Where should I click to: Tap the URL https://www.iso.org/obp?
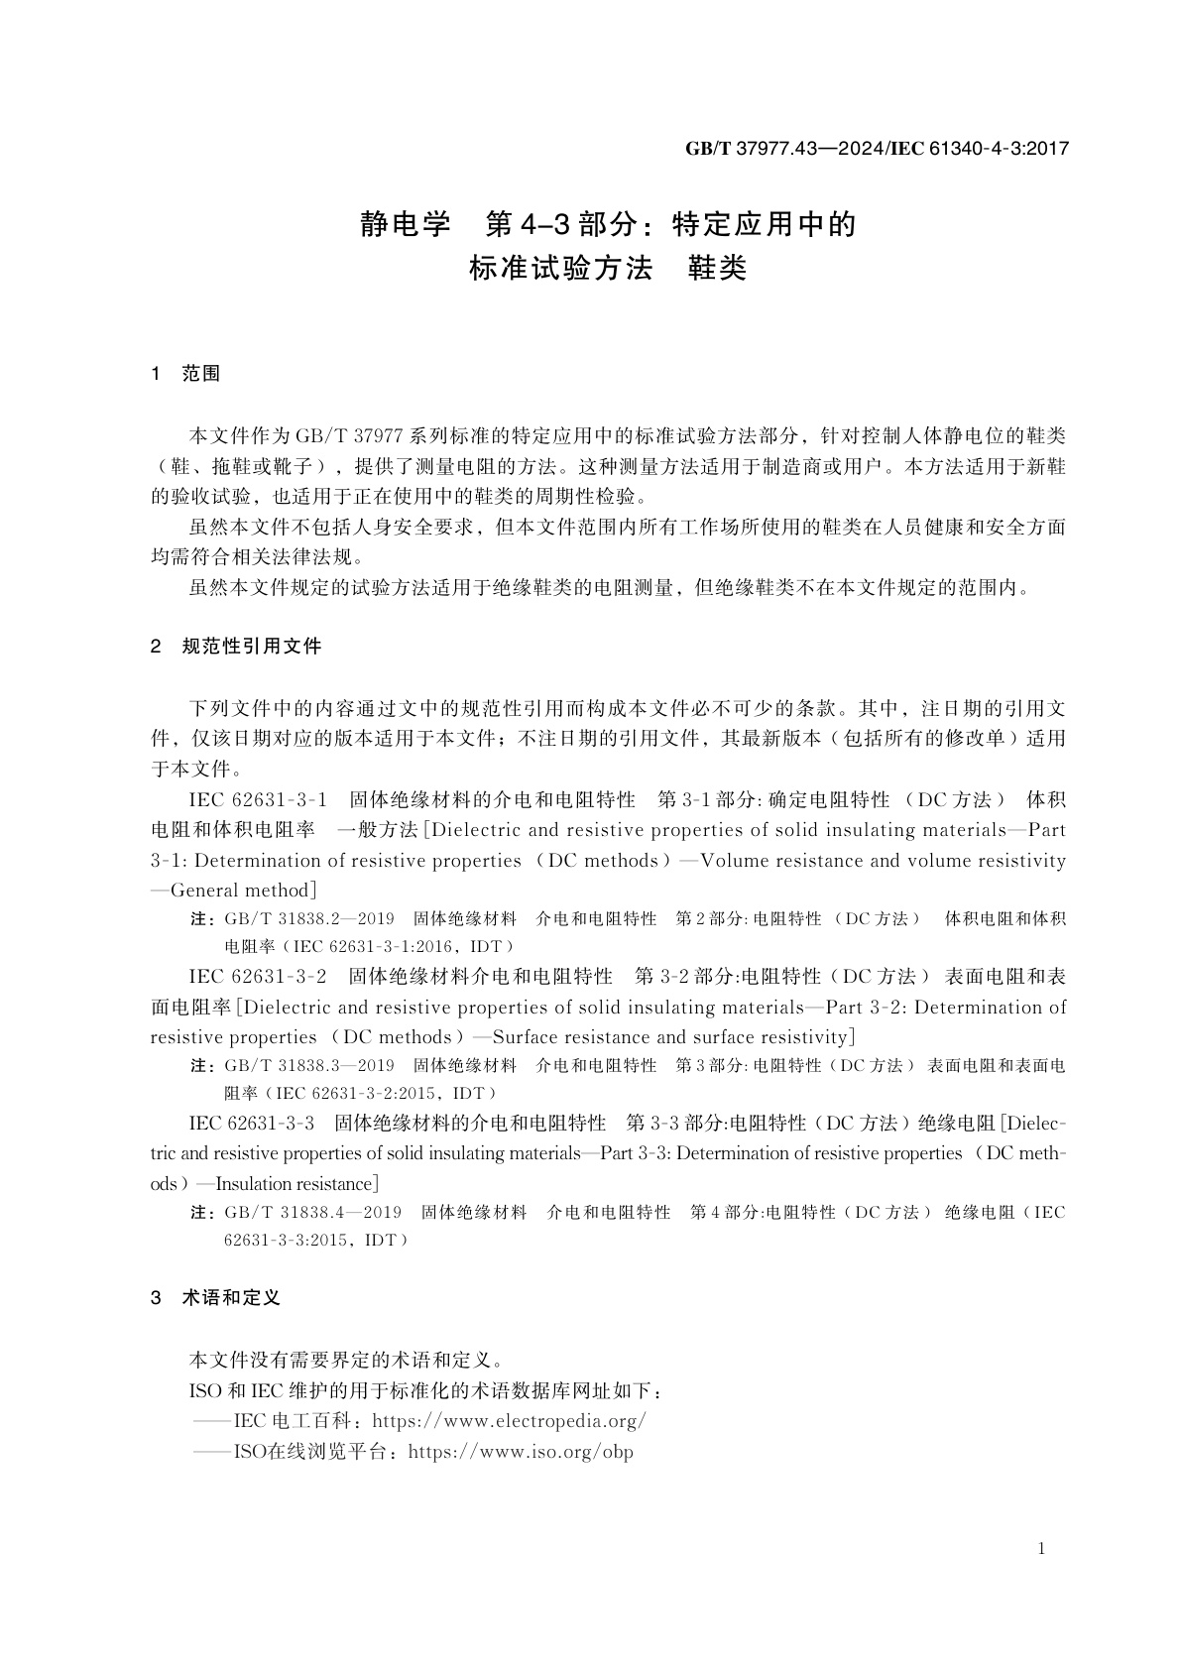[521, 1452]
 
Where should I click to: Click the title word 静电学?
[405, 225]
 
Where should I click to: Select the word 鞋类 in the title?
[717, 269]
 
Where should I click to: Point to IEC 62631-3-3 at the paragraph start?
[252, 1124]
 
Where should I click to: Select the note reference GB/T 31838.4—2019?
[312, 1213]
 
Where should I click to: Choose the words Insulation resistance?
[293, 1184]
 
